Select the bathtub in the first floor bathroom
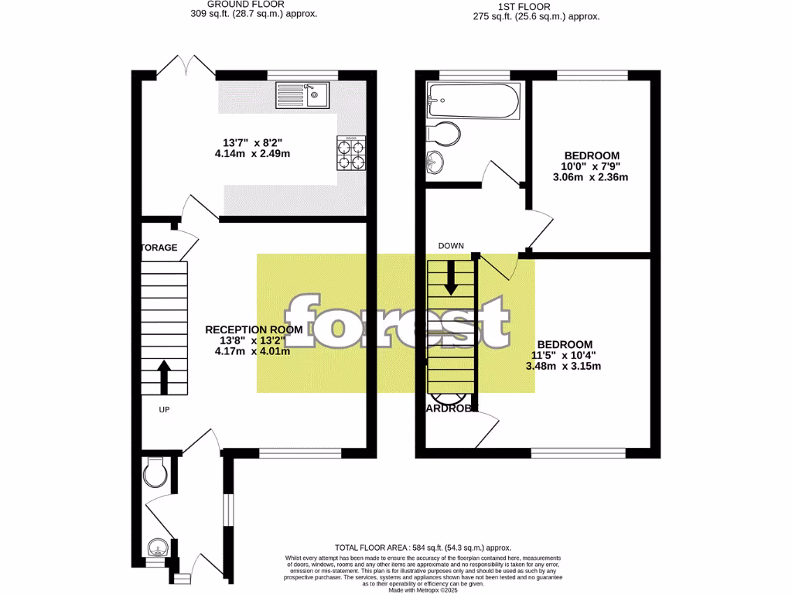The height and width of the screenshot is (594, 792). click(472, 101)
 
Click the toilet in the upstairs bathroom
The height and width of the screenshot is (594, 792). click(442, 134)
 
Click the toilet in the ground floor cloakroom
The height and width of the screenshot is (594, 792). click(155, 471)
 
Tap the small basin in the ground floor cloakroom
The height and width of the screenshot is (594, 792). click(157, 549)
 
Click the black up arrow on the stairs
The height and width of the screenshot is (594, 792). click(164, 376)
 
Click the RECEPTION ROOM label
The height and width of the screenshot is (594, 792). click(247, 329)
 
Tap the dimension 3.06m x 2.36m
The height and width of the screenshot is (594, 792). click(592, 177)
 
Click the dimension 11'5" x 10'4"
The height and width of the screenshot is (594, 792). click(565, 355)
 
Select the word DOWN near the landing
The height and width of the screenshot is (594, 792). click(451, 246)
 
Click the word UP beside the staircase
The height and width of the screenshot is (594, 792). click(164, 410)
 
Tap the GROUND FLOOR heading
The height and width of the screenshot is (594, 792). click(253, 4)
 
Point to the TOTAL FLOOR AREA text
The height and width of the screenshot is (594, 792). click(422, 548)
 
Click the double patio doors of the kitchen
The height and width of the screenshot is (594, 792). click(186, 64)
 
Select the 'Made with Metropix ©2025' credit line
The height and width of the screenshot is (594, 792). click(422, 590)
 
